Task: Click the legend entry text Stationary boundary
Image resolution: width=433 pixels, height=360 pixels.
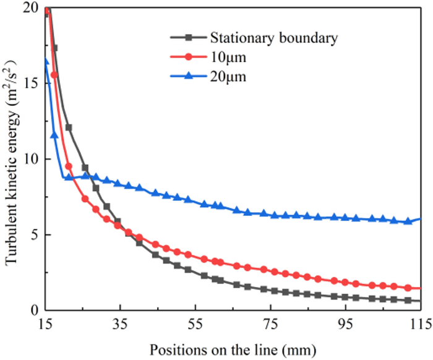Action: click(274, 38)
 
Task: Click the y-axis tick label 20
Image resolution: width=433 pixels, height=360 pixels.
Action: click(30, 8)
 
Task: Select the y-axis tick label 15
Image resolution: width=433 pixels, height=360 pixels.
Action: click(30, 84)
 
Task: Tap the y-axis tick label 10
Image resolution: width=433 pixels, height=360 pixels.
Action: click(30, 159)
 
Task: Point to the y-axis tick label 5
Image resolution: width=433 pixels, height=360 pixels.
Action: click(34, 235)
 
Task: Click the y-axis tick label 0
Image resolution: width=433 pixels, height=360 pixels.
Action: click(34, 311)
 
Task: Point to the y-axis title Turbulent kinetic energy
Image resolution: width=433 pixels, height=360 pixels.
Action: click(12, 159)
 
